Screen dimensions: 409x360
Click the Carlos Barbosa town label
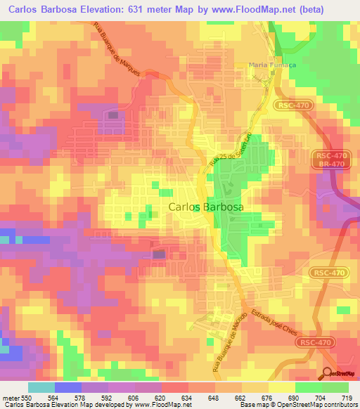pyautogui.click(x=205, y=207)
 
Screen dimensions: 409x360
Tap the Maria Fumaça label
pyautogui.click(x=272, y=65)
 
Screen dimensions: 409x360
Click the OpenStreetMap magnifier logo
pyautogui.click(x=328, y=372)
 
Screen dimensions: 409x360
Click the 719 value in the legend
pyautogui.click(x=348, y=398)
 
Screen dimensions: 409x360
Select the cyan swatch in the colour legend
pyautogui.click(x=41, y=387)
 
